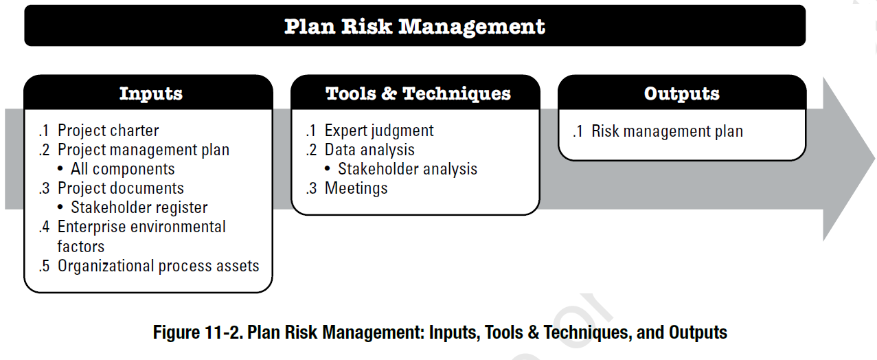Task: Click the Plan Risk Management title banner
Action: point(414,26)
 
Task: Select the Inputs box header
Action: point(150,93)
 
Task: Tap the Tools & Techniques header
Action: point(418,93)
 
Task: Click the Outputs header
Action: point(681,93)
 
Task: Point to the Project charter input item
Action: point(108,131)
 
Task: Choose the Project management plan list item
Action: point(143,150)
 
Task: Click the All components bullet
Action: point(122,169)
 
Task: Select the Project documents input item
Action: point(120,188)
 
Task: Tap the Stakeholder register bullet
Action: point(139,207)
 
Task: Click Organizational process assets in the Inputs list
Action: point(158,266)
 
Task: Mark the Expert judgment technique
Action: point(379,131)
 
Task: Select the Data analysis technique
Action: point(369,150)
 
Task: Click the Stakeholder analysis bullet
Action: point(407,169)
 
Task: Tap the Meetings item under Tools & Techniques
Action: point(356,188)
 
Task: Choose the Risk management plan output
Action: point(667,131)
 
